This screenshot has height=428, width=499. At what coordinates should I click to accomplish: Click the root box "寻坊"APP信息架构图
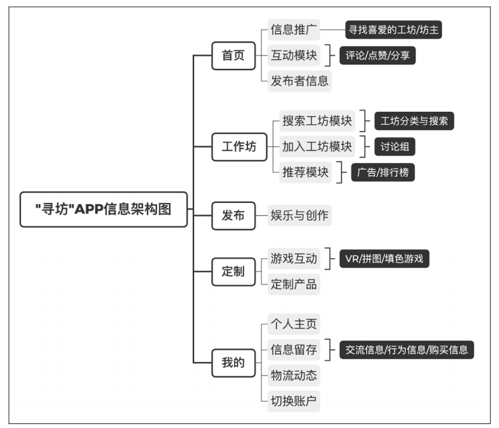pos(103,209)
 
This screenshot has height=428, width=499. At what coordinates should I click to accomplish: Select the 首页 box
pos(233,56)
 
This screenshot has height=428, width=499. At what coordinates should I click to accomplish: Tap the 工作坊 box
pos(239,147)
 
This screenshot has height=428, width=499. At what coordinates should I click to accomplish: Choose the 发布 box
pos(233,216)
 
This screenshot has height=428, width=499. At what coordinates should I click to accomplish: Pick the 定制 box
pos(233,272)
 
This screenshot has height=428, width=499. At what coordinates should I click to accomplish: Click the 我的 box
pos(233,363)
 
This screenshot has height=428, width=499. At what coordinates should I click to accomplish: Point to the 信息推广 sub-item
pos(294,30)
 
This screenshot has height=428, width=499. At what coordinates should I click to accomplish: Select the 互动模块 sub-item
pos(294,55)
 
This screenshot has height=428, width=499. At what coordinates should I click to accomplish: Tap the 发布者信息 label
pos(299,81)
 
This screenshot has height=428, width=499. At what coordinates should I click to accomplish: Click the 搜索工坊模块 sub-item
pos(317,121)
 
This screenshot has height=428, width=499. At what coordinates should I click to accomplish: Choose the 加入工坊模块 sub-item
pos(317,146)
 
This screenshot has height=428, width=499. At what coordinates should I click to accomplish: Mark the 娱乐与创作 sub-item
pos(299,215)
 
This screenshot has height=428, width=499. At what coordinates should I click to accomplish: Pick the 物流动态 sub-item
pos(294,375)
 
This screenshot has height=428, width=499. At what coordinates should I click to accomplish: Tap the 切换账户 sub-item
pos(294,401)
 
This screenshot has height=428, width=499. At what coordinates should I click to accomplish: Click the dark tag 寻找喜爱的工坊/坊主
pos(393,30)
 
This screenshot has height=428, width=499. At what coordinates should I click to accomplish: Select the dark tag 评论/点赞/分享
pos(378,56)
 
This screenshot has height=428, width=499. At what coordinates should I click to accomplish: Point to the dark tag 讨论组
pos(394,146)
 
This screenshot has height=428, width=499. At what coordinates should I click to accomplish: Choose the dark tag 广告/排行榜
pos(383,173)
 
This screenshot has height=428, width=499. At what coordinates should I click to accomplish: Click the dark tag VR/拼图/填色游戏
pos(384,259)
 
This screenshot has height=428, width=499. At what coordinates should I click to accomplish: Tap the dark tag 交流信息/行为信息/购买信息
pos(407,350)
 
